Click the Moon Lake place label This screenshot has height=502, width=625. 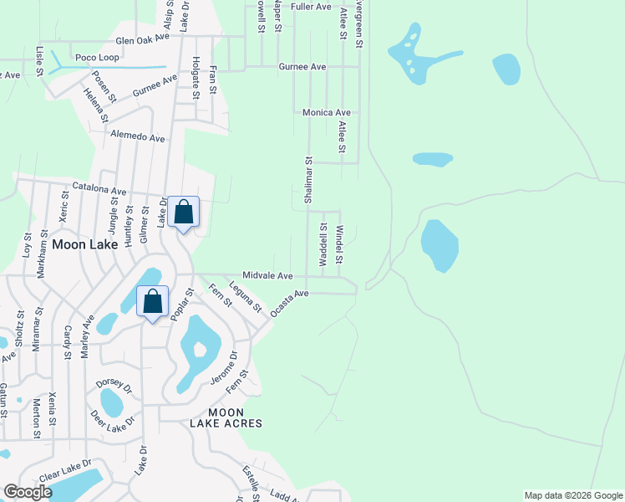81,245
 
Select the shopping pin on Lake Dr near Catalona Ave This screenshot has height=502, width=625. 184,212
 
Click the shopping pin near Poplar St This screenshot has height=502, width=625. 153,302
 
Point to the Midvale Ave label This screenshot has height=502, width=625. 267,275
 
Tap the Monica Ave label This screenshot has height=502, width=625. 326,112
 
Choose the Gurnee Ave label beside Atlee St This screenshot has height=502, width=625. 302,66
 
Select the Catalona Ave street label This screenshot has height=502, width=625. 99,190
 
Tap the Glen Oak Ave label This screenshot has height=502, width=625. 143,39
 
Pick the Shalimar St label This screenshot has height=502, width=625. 308,177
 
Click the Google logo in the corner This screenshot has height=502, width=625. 28,492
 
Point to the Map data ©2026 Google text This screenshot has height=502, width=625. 573,495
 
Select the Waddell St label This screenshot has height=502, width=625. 323,244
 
